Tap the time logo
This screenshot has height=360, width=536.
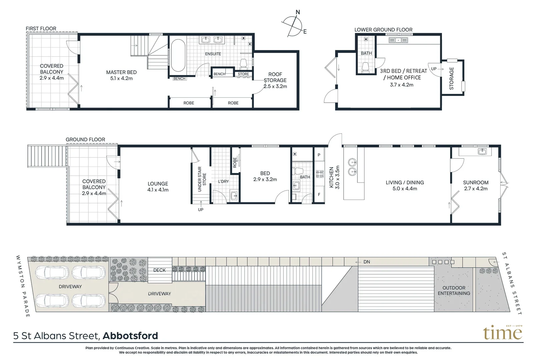click(x=503, y=332)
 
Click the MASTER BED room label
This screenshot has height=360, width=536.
click(x=121, y=75)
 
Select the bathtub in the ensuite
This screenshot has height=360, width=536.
click(x=178, y=56)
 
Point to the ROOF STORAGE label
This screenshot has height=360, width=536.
click(x=275, y=80)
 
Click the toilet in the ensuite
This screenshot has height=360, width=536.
click(x=243, y=63)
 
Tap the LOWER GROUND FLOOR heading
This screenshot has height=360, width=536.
click(x=383, y=30)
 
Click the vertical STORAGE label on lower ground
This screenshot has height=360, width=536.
click(x=452, y=78)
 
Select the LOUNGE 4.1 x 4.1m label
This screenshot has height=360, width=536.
click(x=158, y=187)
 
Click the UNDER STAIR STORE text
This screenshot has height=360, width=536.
click(x=202, y=179)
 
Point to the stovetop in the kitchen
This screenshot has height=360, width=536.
click(x=320, y=174)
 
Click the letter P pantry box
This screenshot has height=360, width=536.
click(x=319, y=155)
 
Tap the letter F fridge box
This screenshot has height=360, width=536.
click(x=319, y=195)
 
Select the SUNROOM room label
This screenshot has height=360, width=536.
click(x=476, y=185)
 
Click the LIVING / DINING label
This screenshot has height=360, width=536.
click(x=405, y=185)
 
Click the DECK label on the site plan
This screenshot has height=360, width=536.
click(x=159, y=270)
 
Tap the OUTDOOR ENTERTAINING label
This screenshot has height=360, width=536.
click(x=454, y=290)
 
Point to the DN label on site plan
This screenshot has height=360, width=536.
click(x=367, y=262)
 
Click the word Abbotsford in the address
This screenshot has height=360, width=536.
click(x=130, y=336)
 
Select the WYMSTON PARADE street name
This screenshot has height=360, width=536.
click(x=23, y=286)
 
